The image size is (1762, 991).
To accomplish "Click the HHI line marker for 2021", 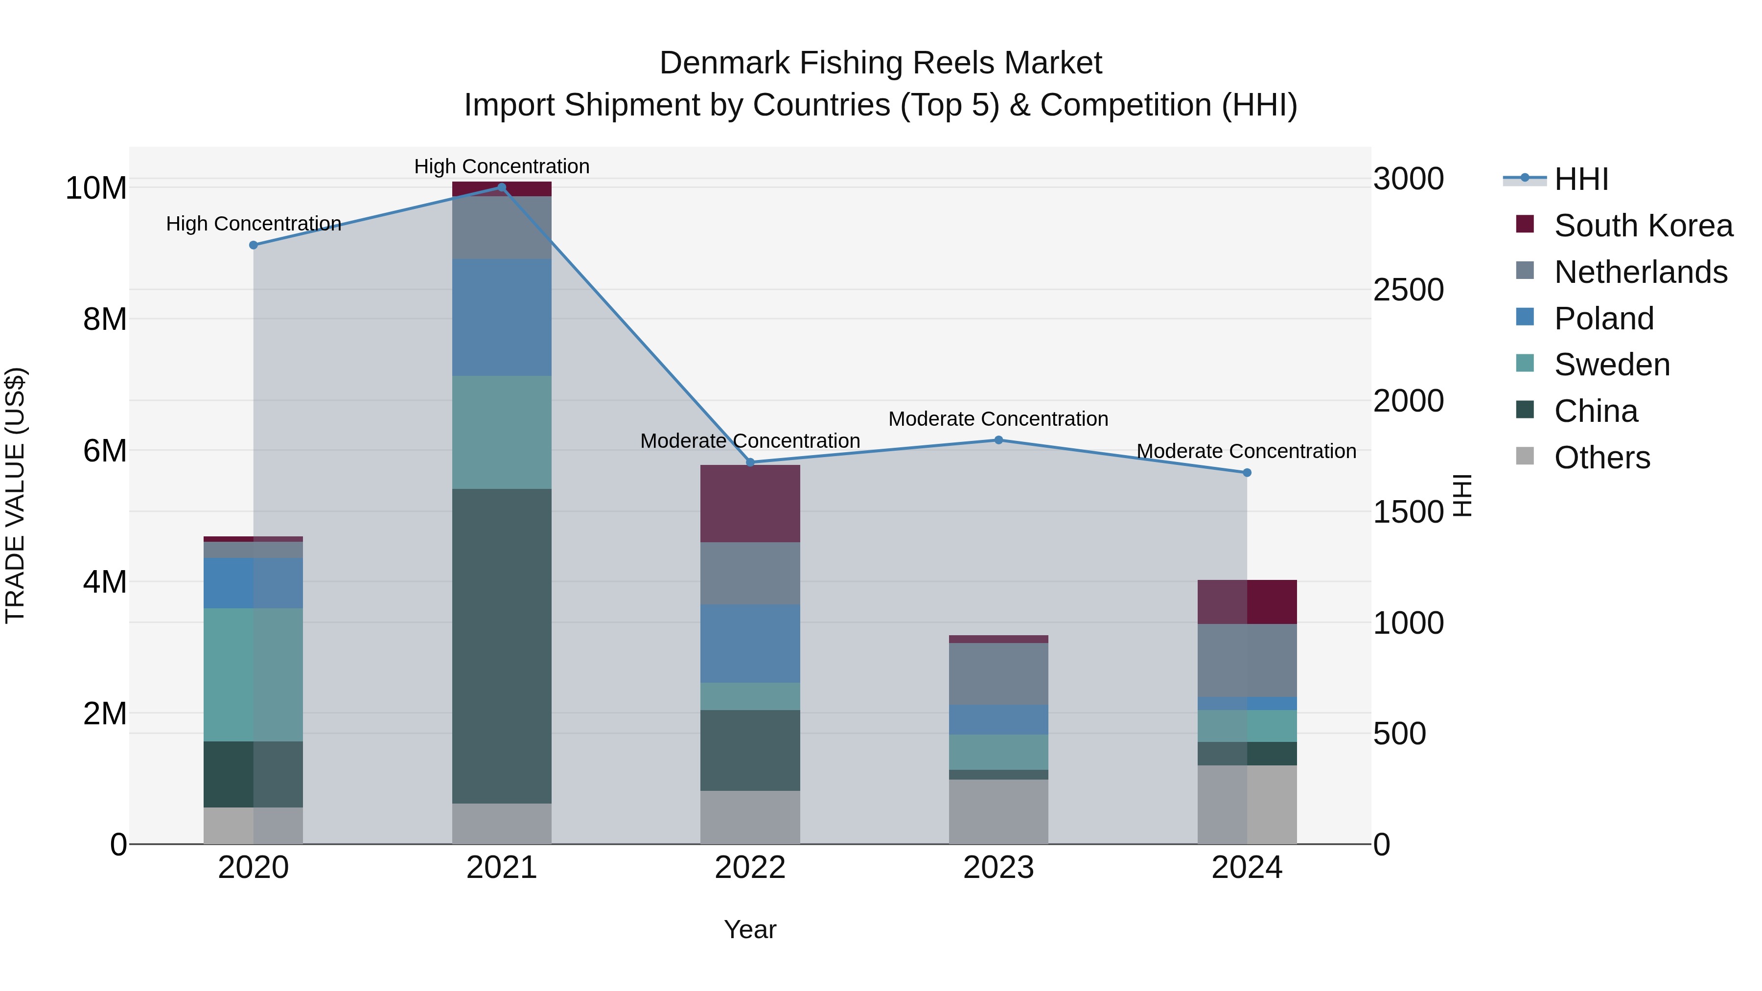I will pyautogui.click(x=501, y=187).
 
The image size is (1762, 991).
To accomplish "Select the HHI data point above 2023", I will pyautogui.click(x=998, y=440).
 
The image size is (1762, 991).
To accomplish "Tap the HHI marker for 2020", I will pyautogui.click(x=253, y=245).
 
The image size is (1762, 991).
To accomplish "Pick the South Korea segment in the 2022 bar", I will pyautogui.click(x=750, y=504).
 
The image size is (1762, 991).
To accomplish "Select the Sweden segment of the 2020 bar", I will pyautogui.click(x=253, y=674).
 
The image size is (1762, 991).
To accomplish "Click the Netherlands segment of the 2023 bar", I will pyautogui.click(x=998, y=674).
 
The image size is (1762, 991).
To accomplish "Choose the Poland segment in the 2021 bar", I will pyautogui.click(x=501, y=317).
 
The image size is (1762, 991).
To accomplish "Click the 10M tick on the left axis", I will pyautogui.click(x=96, y=188).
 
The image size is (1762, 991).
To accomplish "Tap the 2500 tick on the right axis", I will pyautogui.click(x=1408, y=290).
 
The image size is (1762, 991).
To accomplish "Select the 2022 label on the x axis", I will pyautogui.click(x=750, y=868).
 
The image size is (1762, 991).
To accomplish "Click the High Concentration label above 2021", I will pyautogui.click(x=501, y=166).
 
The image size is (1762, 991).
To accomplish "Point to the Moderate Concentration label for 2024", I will pyautogui.click(x=1246, y=451).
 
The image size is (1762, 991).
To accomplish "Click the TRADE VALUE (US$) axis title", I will pyautogui.click(x=15, y=495).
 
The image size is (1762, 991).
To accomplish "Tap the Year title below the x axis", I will pyautogui.click(x=750, y=929).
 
